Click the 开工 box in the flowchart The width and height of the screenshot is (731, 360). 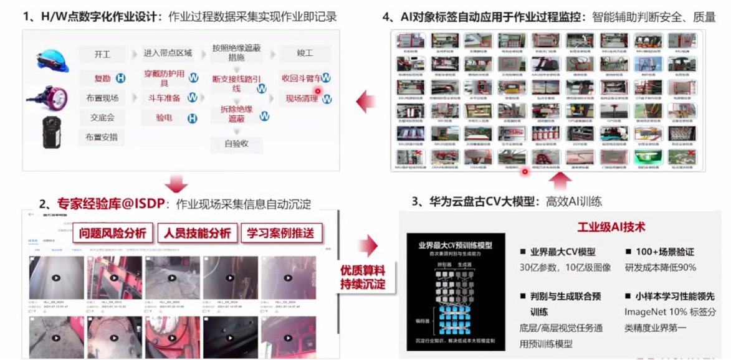pyautogui.click(x=102, y=54)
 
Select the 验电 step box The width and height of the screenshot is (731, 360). pyautogui.click(x=165, y=118)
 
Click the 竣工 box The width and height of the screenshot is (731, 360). pyautogui.click(x=304, y=54)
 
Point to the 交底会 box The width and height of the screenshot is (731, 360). pyautogui.click(x=102, y=118)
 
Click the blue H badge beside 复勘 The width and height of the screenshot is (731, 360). pyautogui.click(x=120, y=78)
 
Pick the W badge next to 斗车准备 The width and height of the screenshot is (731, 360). pyautogui.click(x=193, y=98)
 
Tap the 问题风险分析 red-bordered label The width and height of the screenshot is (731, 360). pyautogui.click(x=113, y=234)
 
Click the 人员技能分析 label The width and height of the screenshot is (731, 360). pyautogui.click(x=198, y=234)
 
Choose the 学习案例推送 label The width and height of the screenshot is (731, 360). pyautogui.click(x=282, y=234)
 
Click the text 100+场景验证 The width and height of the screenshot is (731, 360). pyautogui.click(x=659, y=252)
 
